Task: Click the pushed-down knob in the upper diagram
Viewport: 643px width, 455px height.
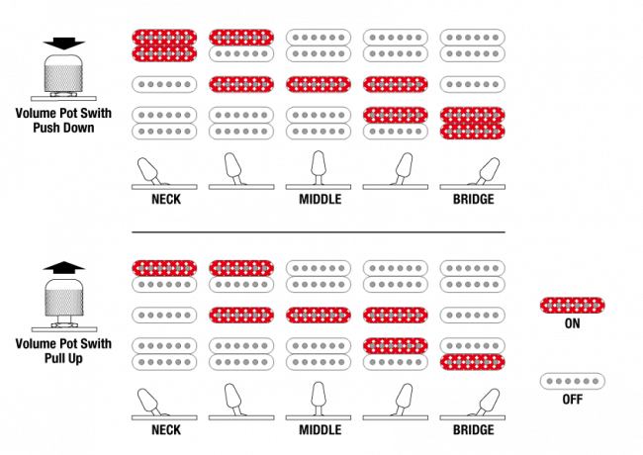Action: tap(63, 75)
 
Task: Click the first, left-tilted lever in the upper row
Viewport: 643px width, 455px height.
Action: tap(148, 170)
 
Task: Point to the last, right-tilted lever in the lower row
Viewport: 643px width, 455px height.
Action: tap(487, 401)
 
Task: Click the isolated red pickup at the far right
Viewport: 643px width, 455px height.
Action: tap(572, 305)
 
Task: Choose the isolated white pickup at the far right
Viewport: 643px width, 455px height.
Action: tap(572, 381)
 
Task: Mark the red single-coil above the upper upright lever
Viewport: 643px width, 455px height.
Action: tap(319, 84)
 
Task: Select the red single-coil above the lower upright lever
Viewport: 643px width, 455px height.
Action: tap(319, 316)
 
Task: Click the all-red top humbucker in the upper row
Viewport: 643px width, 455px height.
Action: tap(164, 45)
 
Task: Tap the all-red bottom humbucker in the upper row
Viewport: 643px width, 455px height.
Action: tap(473, 123)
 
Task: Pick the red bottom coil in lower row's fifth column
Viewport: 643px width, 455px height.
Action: tap(473, 362)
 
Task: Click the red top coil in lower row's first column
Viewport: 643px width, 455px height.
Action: tap(164, 268)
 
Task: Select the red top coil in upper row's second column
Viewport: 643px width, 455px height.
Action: tap(241, 38)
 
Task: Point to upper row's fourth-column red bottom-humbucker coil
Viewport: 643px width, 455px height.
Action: tap(396, 115)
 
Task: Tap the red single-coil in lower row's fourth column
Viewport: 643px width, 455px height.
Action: tap(396, 316)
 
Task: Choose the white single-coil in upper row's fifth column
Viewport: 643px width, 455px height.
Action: tap(473, 84)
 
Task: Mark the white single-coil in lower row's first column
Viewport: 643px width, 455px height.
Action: tap(164, 316)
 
